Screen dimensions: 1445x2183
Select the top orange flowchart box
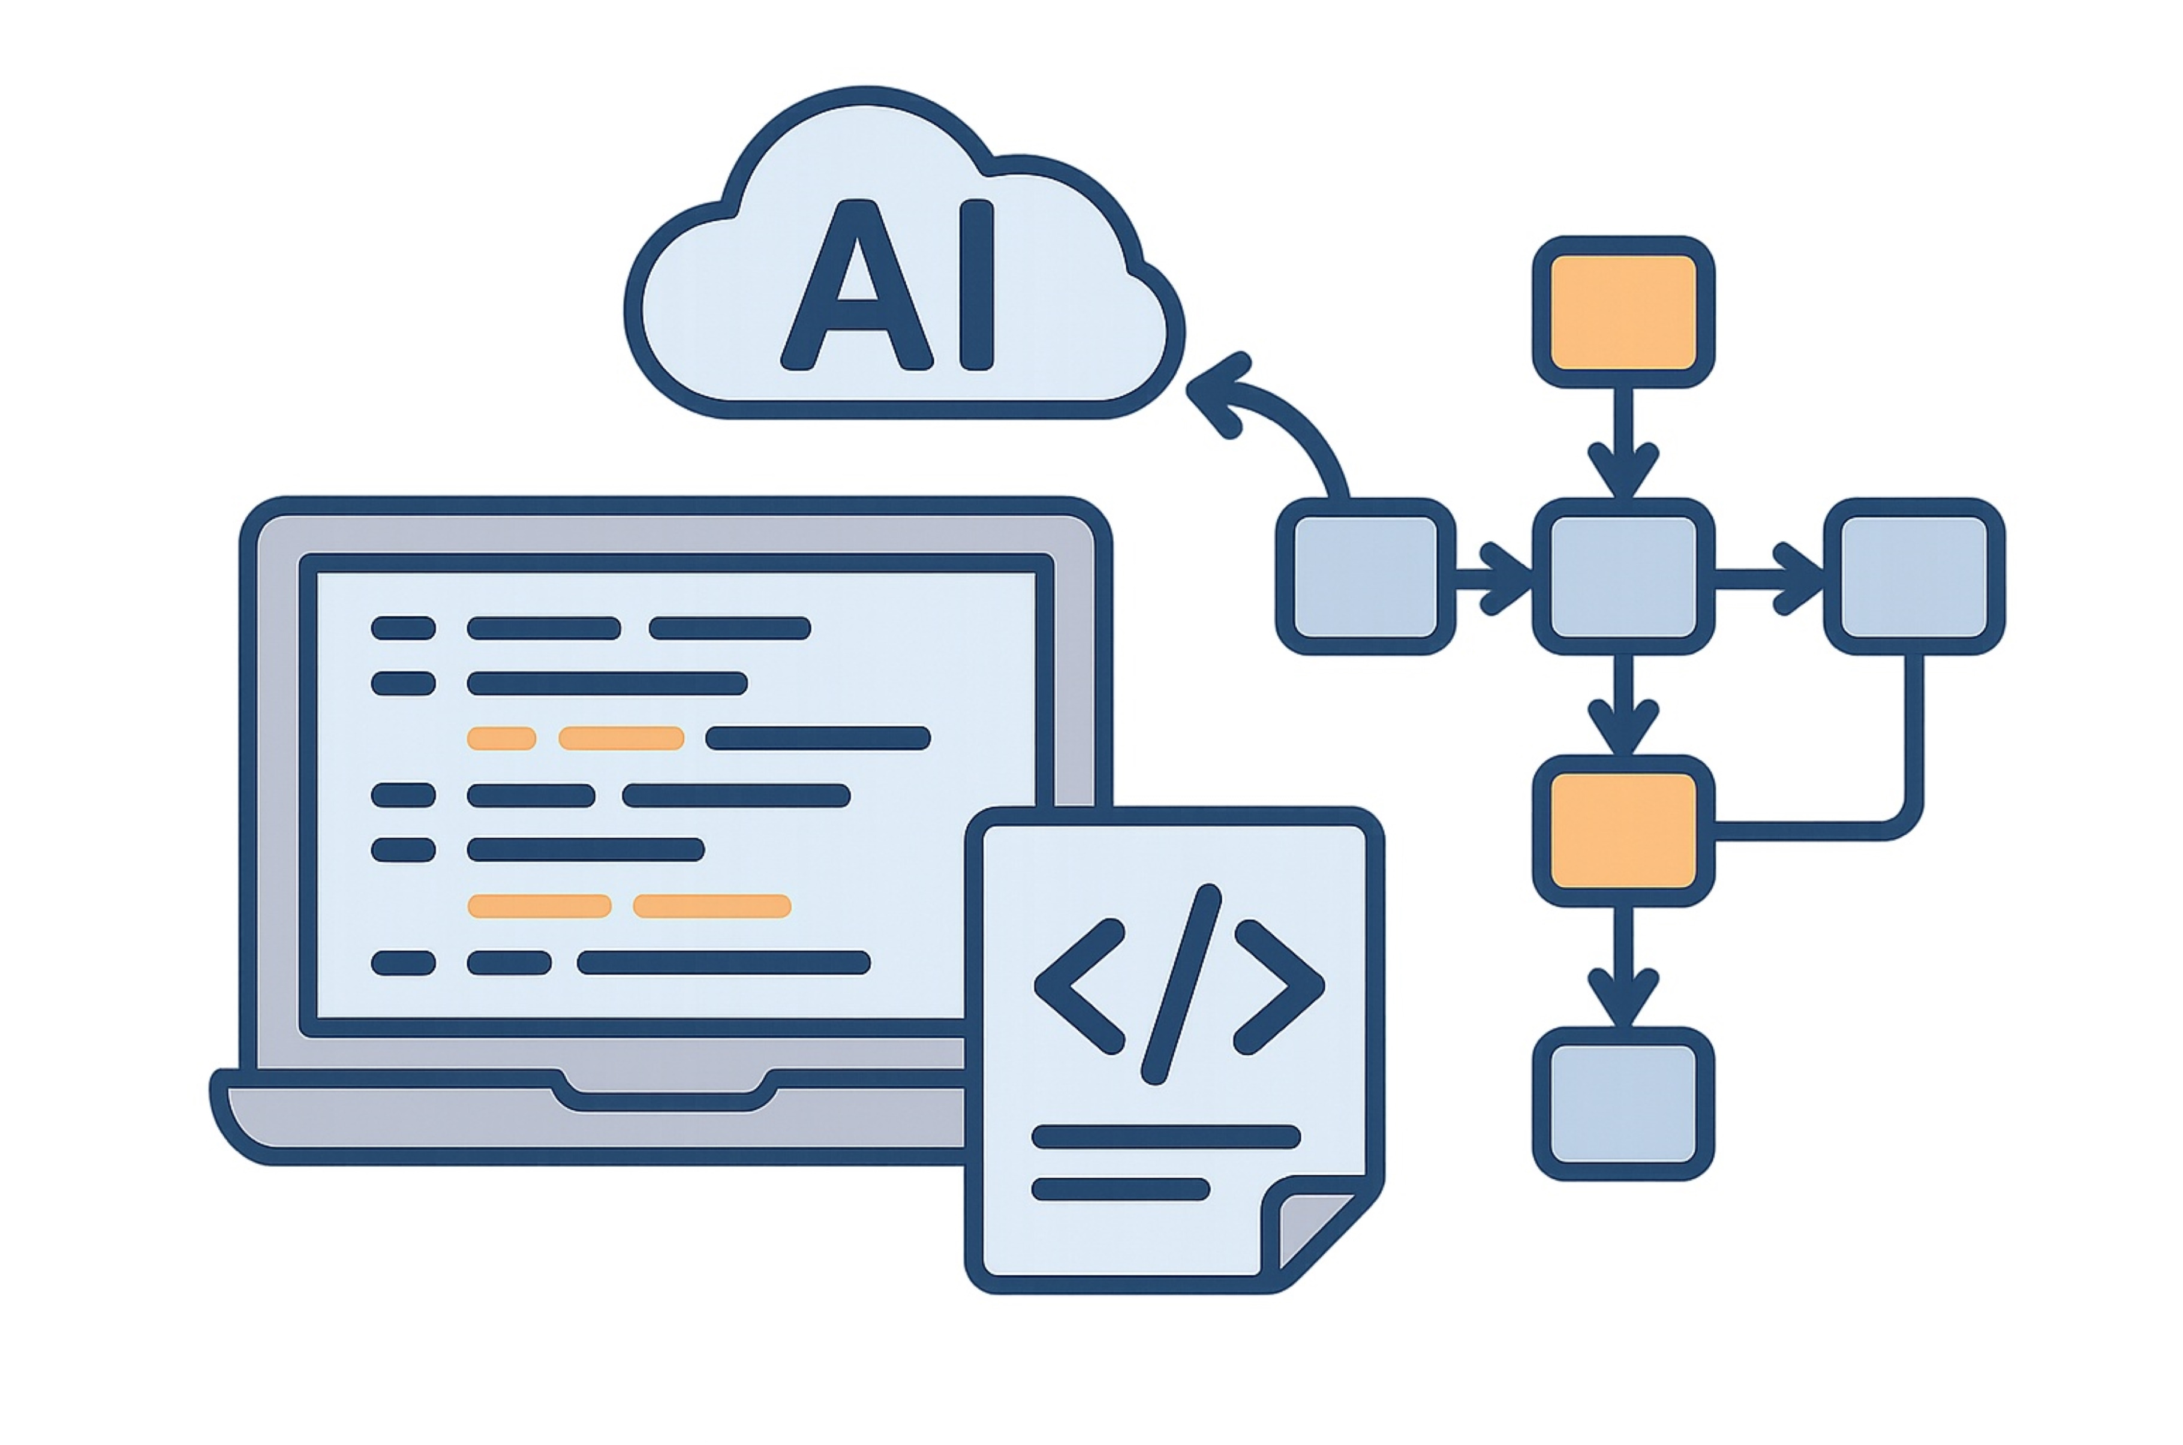(x=1623, y=312)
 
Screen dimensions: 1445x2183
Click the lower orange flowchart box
(x=1623, y=829)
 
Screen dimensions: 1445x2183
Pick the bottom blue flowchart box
(x=1623, y=1103)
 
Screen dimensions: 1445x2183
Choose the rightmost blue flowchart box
(x=1914, y=576)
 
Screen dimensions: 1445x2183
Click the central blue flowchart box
(x=1623, y=576)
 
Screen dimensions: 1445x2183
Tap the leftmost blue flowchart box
(x=1365, y=576)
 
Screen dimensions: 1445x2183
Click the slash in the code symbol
(x=1181, y=985)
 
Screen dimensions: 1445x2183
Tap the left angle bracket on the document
(x=1078, y=985)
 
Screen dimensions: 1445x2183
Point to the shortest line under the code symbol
(x=1120, y=1189)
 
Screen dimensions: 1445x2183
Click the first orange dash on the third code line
(x=501, y=738)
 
